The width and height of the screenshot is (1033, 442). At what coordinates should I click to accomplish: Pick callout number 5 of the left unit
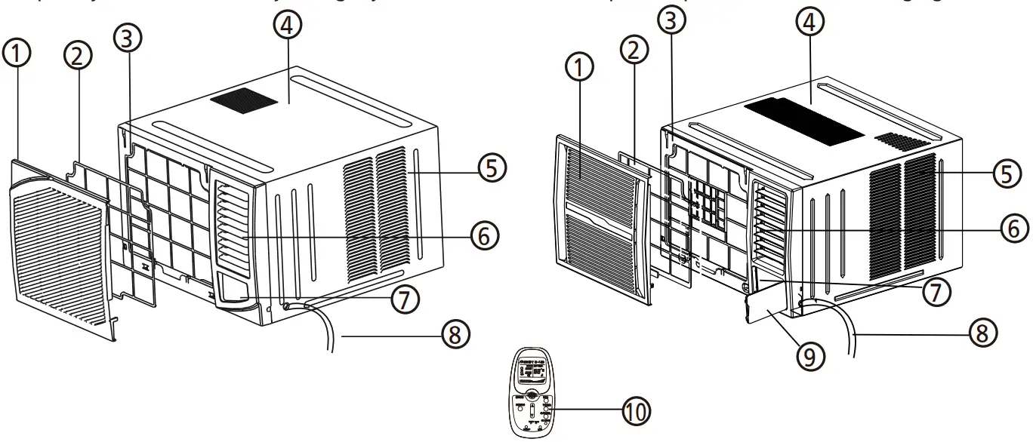pyautogui.click(x=492, y=168)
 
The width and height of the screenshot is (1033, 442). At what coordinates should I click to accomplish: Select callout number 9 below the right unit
pyautogui.click(x=809, y=355)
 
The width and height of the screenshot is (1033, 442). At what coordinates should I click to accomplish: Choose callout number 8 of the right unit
pyautogui.click(x=981, y=333)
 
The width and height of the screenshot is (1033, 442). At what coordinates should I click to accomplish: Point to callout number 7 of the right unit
pyautogui.click(x=937, y=292)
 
